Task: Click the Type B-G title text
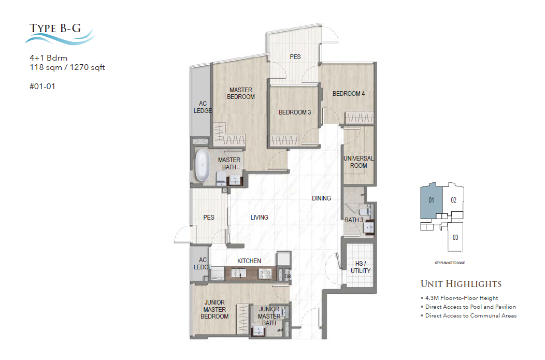55,28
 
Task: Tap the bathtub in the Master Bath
201,166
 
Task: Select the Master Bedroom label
241,93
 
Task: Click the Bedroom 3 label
294,112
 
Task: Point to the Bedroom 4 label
349,94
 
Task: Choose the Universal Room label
358,162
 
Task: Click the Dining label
321,198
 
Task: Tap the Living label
260,218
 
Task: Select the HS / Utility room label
360,267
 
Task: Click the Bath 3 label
354,221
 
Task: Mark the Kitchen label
249,261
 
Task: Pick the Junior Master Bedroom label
214,310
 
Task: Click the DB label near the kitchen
288,277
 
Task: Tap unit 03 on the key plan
455,238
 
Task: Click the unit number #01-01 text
42,87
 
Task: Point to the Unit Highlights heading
461,284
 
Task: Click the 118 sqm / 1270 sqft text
67,67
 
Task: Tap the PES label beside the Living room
209,218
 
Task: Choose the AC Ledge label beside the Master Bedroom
200,107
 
